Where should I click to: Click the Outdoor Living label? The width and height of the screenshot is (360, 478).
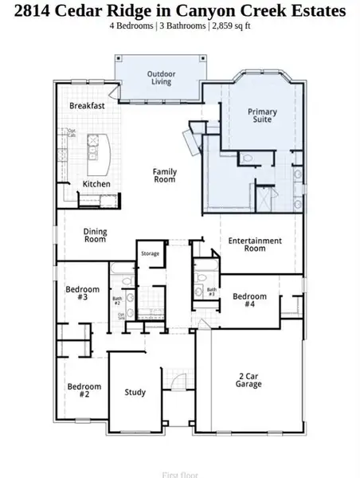pos(160,78)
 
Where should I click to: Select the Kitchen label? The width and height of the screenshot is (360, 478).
pos(97,184)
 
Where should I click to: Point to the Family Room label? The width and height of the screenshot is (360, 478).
pos(165,175)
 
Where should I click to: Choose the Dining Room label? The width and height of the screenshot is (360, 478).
pos(96,235)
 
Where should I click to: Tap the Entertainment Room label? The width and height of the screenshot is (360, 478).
pos(255,245)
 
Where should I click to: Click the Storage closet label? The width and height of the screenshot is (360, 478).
pos(151,253)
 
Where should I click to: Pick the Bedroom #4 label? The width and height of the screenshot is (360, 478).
pos(249,300)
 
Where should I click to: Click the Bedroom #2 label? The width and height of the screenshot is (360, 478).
pos(84,390)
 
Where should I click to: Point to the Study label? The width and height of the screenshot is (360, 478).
pos(135,392)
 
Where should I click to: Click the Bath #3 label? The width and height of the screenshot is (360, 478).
pos(212,292)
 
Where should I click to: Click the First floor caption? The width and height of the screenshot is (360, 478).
pos(180,475)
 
